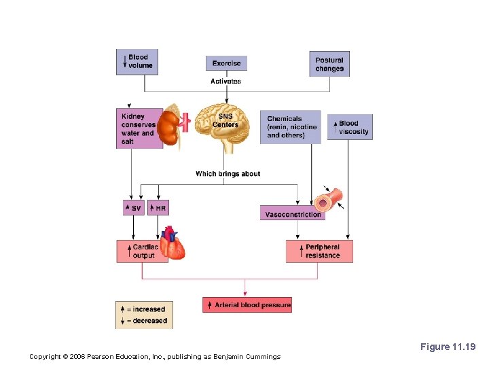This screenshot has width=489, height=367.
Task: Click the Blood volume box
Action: pos(137,62)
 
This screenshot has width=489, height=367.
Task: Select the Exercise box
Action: pos(226,63)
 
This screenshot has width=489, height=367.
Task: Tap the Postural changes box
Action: pos(329,64)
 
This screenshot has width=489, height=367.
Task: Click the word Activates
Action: pos(225,82)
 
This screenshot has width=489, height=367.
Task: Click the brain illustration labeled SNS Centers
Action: pos(225,124)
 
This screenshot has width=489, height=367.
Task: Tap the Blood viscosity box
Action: pos(350,127)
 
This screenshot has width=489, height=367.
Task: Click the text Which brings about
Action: pos(228,174)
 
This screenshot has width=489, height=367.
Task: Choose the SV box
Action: pos(133,208)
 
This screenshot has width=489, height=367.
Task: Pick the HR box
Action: pos(158,208)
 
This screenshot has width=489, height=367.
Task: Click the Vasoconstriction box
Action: pos(292,214)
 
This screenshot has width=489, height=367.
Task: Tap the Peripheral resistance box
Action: pos(319,251)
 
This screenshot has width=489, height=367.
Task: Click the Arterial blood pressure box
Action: pos(248,305)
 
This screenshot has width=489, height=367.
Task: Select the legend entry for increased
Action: pos(144,309)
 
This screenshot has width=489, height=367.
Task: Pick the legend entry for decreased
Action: pos(144,321)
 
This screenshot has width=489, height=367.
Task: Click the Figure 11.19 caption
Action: pos(448,347)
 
